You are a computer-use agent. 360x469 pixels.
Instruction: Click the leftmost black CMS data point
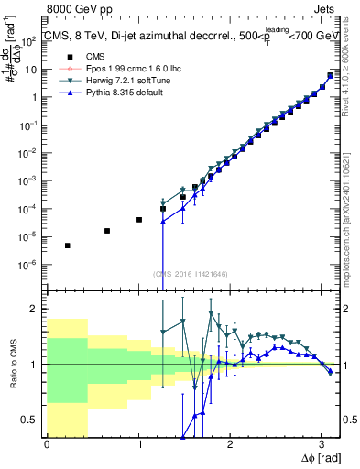pos(67,245)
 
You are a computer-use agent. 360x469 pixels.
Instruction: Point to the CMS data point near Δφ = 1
pos(138,220)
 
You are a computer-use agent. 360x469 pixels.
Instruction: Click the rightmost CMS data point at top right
pos(330,75)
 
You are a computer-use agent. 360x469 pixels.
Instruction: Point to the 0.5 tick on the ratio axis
pos(33,420)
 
